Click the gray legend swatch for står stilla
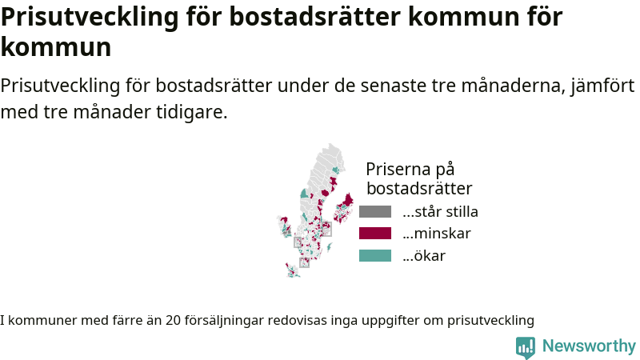pyautogui.click(x=375, y=211)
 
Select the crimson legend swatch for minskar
pyautogui.click(x=375, y=234)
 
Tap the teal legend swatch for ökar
pyautogui.click(x=375, y=255)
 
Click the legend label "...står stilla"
pyautogui.click(x=440, y=211)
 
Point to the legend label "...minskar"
pyautogui.click(x=436, y=234)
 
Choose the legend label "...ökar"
pyautogui.click(x=424, y=255)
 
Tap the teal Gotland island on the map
pyautogui.click(x=329, y=247)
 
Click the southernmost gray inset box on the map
pyautogui.click(x=304, y=262)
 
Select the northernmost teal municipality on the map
pyautogui.click(x=335, y=170)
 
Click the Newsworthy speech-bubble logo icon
pyautogui.click(x=526, y=347)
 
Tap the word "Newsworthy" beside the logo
pyautogui.click(x=589, y=346)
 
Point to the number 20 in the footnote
pyautogui.click(x=173, y=321)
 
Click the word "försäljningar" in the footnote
pyautogui.click(x=224, y=321)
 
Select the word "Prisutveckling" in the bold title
pyautogui.click(x=90, y=17)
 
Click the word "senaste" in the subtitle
pyautogui.click(x=393, y=86)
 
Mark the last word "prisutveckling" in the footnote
pyautogui.click(x=490, y=321)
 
